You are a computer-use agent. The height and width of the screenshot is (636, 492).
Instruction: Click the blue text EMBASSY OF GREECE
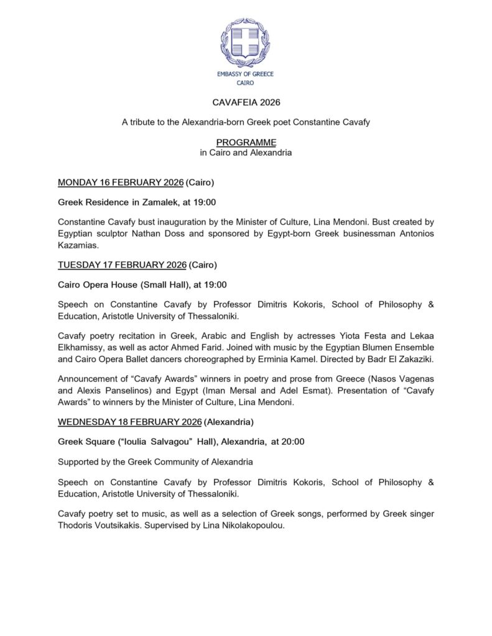click(x=245, y=74)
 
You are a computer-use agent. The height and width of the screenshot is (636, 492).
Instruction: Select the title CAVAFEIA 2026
click(x=246, y=101)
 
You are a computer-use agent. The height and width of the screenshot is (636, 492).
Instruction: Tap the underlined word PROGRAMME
click(x=246, y=142)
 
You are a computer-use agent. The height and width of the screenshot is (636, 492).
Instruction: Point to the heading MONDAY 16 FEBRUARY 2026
click(x=121, y=183)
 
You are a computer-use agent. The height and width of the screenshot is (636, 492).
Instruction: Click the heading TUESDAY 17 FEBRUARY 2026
click(x=122, y=265)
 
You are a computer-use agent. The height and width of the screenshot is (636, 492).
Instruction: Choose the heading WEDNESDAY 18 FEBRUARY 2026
click(x=129, y=422)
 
